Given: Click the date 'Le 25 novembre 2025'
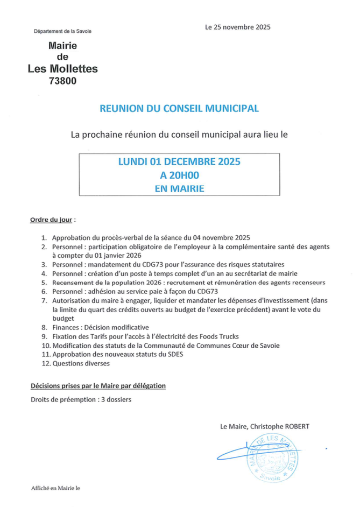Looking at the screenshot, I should pos(237,27).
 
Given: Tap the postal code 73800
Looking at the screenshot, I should pos(63,81).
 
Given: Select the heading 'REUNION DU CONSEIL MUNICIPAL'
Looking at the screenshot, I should pos(179,108).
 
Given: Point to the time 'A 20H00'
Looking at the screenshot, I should pos(179,175).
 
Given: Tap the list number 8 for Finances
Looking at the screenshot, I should pos(44,327).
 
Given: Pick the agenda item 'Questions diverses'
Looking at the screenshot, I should pos(81,363).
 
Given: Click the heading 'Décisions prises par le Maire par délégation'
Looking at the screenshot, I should pos(98,386).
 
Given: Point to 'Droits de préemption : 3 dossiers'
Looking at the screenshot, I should pos(81,399).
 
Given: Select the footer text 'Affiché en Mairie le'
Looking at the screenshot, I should pos(55,488).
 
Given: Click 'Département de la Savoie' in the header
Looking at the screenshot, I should pos(62,31).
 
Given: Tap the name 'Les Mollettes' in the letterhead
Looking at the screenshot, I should pos(63,69).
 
